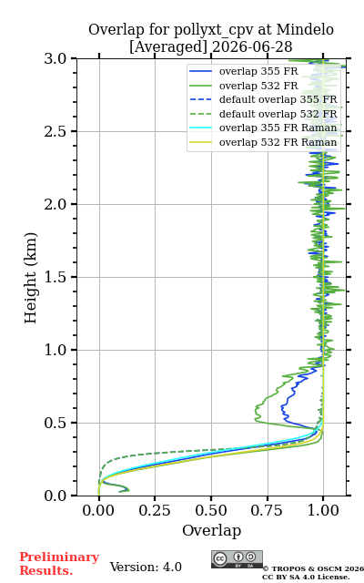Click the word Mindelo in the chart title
click(x=305, y=29)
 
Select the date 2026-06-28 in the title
click(x=252, y=46)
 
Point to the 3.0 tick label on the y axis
click(x=56, y=58)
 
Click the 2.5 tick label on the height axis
click(x=56, y=131)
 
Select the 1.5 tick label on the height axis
click(x=56, y=277)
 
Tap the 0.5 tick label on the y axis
click(x=56, y=423)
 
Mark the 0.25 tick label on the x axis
click(x=155, y=510)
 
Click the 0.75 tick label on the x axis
click(x=267, y=510)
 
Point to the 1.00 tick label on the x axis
click(x=323, y=510)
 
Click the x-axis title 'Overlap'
click(x=212, y=530)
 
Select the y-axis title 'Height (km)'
click(x=30, y=278)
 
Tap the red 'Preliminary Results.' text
click(x=59, y=564)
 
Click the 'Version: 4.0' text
click(x=146, y=567)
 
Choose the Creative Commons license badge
click(x=237, y=559)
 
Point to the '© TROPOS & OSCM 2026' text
click(x=313, y=568)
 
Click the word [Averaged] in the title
click(x=168, y=46)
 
